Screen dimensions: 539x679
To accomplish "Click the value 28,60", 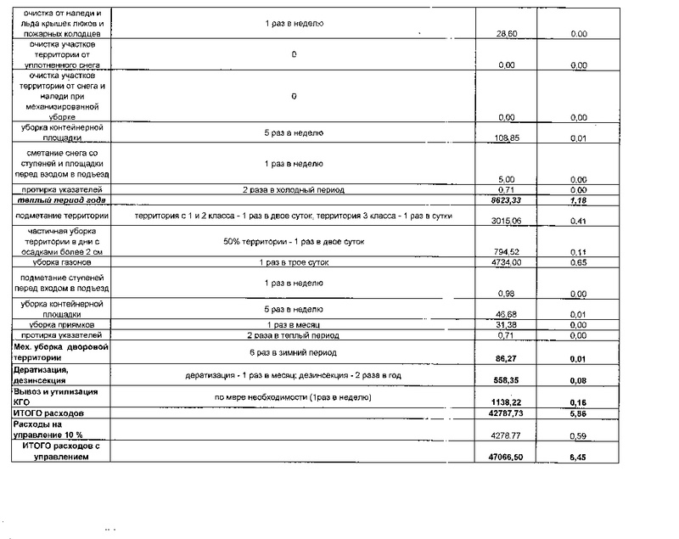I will coord(507,33).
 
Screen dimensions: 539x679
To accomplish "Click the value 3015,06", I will coord(507,222).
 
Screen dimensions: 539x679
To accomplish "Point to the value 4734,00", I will coord(507,263).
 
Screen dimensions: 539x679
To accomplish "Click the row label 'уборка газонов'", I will coord(59,263).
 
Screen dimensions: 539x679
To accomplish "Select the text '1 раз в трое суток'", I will coord(292,263).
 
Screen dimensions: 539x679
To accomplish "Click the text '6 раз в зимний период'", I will coord(292,352).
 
